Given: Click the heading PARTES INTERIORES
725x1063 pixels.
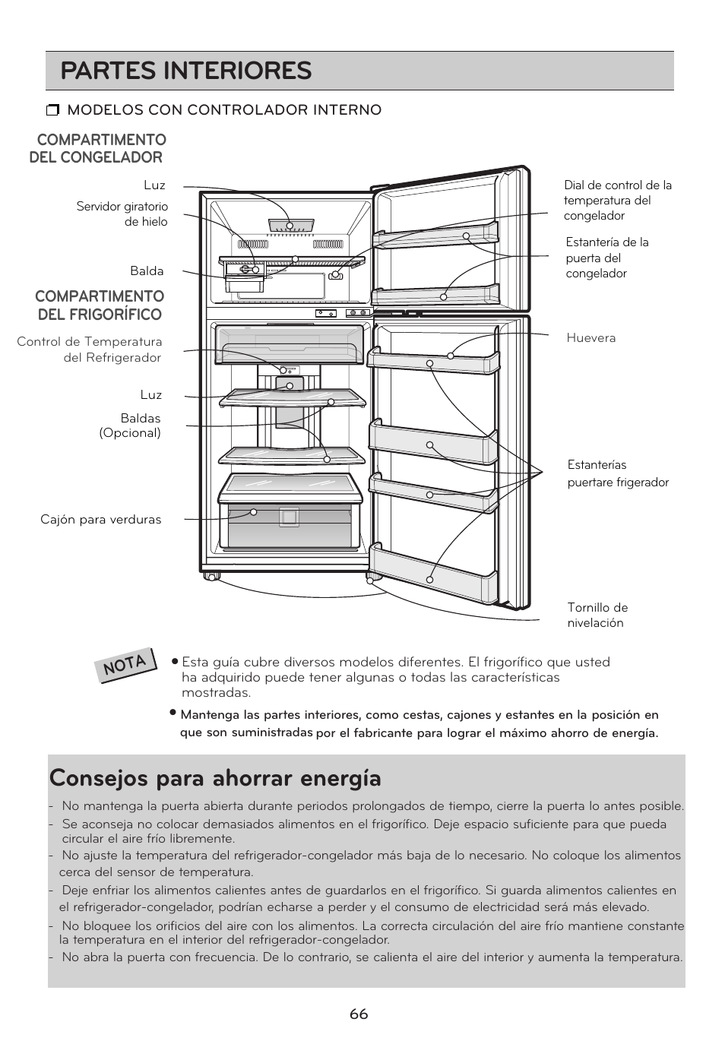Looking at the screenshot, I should pos(186,71).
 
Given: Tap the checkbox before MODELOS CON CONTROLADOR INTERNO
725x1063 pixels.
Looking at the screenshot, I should pos(52,111).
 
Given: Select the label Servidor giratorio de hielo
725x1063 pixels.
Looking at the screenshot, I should pos(122,214).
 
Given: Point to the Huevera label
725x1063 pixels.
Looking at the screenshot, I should pos(590,338).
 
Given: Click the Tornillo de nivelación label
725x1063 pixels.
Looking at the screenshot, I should pos(597,615).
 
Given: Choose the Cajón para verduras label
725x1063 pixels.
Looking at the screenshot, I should pos(101,520).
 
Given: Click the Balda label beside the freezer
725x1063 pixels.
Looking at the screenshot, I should pos(147,271).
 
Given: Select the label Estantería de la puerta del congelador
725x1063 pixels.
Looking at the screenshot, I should pos(606,258).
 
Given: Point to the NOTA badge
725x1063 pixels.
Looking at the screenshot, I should pos(125,663).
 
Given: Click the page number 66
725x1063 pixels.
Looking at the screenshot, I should pos(359,1014).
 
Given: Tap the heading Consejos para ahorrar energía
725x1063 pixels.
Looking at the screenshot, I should pos(215,779).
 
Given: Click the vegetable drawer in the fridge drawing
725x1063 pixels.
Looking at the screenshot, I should pos(289,524).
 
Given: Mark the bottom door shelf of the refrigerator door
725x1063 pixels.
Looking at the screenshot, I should pos(433,574).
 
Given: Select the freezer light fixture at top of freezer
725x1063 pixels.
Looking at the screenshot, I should pos(290,226).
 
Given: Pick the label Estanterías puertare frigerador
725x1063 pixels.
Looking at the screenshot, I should pos(618,473).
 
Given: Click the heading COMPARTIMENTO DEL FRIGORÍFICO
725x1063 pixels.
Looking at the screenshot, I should pos(100,305).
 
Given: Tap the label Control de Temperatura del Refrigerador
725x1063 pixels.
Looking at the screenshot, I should pos(90,350).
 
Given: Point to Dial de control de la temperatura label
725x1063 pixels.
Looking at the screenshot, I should pos(617,201).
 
